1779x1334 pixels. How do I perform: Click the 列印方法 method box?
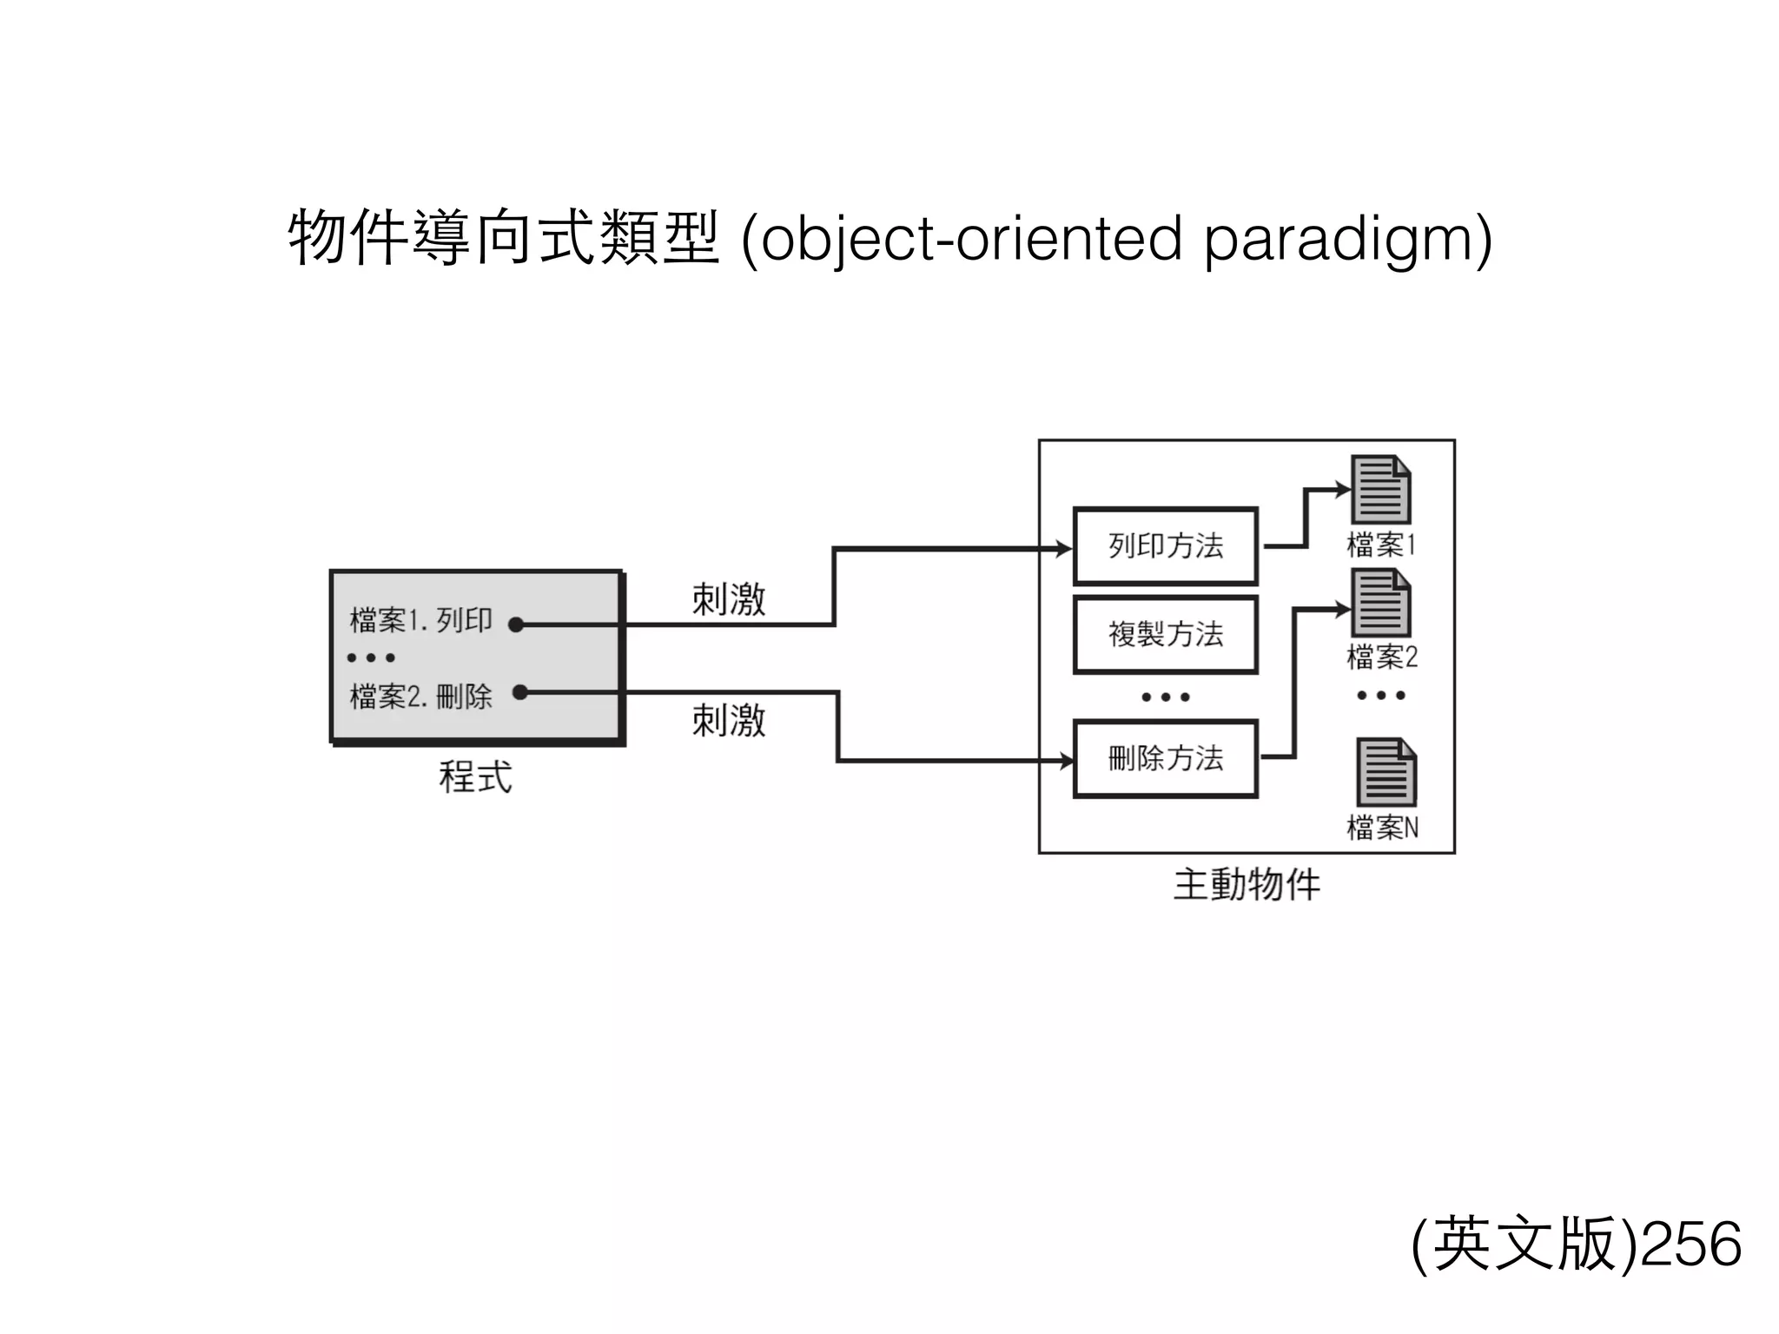pyautogui.click(x=1165, y=546)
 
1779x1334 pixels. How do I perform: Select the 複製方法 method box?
pyautogui.click(x=1165, y=635)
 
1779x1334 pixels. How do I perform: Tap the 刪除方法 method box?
pyautogui.click(x=1165, y=759)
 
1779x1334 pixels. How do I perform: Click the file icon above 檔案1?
pyautogui.click(x=1380, y=489)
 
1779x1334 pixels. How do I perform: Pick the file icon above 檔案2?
pyautogui.click(x=1380, y=603)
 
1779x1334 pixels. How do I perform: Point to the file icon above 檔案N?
pyautogui.click(x=1386, y=772)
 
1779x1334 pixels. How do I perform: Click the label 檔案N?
pyautogui.click(x=1382, y=828)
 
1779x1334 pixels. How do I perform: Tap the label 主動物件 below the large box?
pyautogui.click(x=1247, y=885)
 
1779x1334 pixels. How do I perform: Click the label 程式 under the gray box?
pyautogui.click(x=475, y=776)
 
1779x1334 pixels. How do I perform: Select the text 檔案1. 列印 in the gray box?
pyautogui.click(x=420, y=621)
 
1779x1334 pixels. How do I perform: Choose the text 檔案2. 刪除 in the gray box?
pyautogui.click(x=420, y=696)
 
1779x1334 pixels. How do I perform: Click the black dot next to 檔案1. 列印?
pyautogui.click(x=516, y=624)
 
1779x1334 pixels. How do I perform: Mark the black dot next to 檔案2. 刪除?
pyautogui.click(x=519, y=692)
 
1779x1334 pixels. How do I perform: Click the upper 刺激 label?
pyautogui.click(x=728, y=599)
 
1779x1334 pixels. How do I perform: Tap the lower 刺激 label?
pyautogui.click(x=728, y=721)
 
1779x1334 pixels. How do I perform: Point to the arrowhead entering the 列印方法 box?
pyautogui.click(x=1063, y=549)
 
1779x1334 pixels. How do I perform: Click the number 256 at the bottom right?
pyautogui.click(x=1692, y=1245)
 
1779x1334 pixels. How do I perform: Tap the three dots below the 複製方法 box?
pyautogui.click(x=1165, y=697)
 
